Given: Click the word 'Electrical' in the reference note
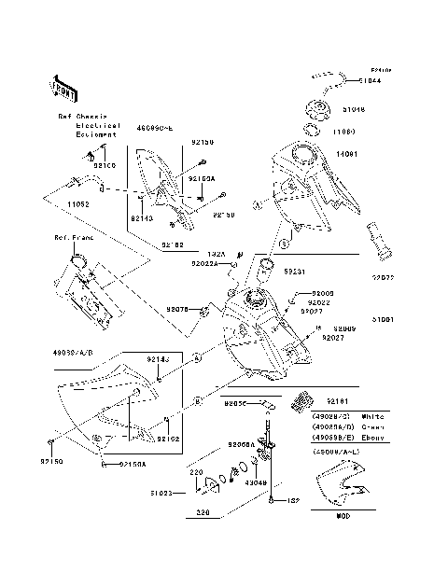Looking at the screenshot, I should (97, 125).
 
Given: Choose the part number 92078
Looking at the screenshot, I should (177, 309).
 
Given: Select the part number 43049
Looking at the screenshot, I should (257, 483).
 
